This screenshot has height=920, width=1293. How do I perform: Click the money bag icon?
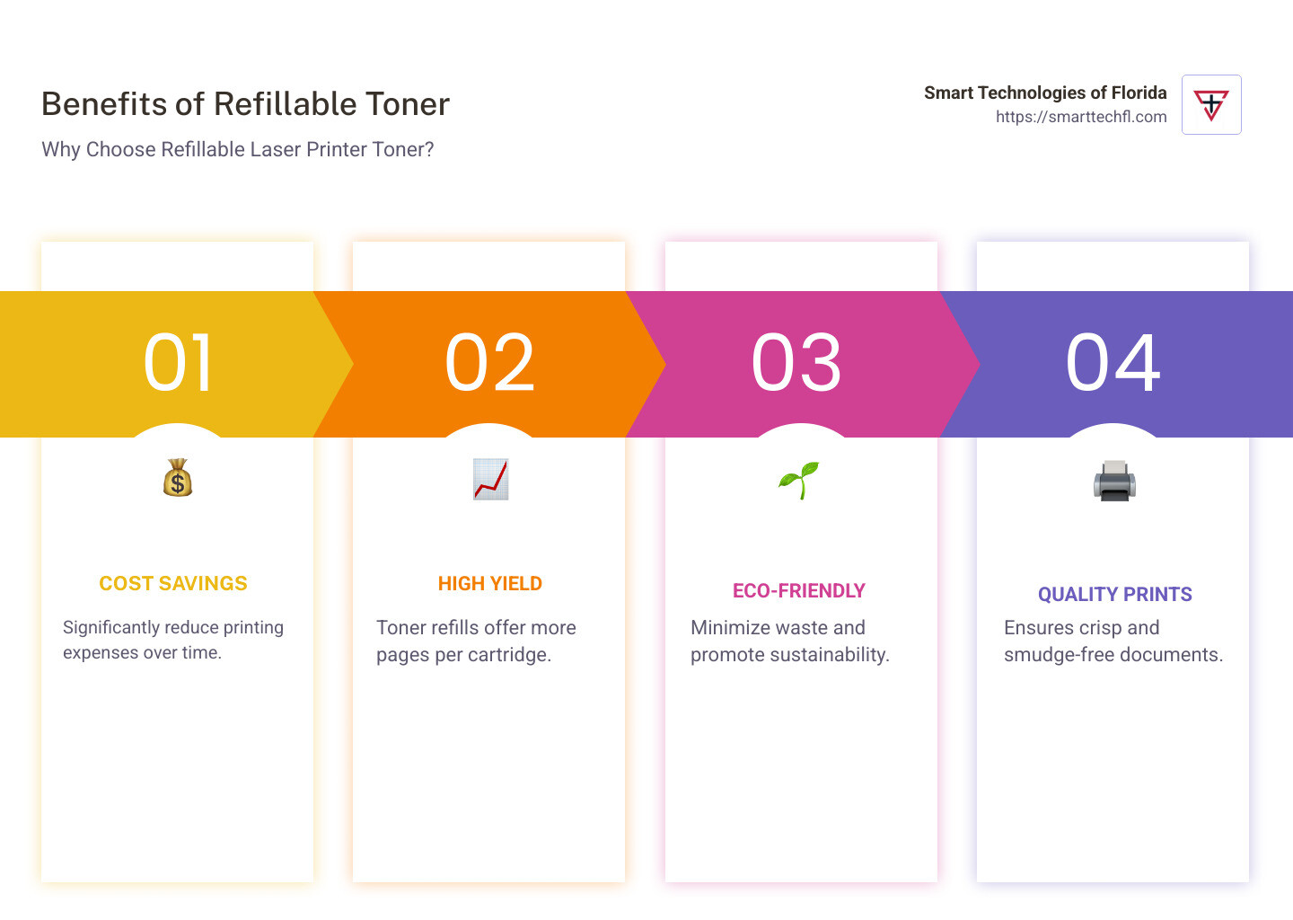[177, 478]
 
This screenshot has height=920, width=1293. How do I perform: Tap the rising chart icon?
[490, 479]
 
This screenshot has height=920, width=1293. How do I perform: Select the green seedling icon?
[799, 480]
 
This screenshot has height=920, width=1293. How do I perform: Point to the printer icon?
[1114, 481]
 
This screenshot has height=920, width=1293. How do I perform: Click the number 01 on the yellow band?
[178, 363]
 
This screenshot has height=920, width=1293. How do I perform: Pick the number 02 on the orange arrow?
[489, 363]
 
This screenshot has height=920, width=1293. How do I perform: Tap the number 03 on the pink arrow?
[796, 363]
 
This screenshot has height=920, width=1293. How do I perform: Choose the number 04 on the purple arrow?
[1113, 363]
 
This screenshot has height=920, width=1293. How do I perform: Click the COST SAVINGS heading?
[173, 583]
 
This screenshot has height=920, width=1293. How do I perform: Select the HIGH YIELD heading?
[490, 583]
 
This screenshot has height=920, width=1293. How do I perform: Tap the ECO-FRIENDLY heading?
[799, 591]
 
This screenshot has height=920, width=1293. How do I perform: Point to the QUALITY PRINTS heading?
[1114, 594]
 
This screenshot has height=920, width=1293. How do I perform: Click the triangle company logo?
[1211, 105]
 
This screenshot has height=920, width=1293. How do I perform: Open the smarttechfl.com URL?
[1081, 117]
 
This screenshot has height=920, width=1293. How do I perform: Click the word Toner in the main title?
[408, 104]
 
